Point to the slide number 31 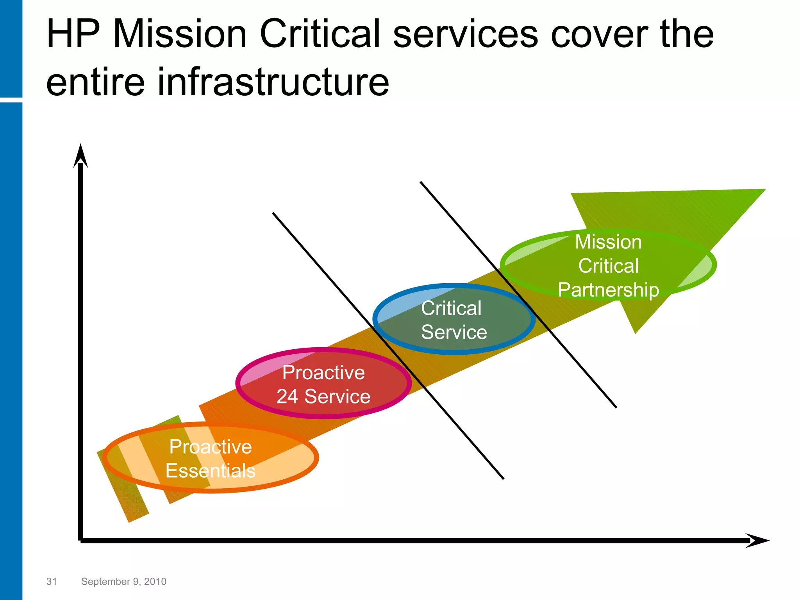[x=52, y=582]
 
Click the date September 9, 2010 [x=123, y=582]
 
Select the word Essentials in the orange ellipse [x=210, y=471]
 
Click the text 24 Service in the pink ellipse [x=323, y=396]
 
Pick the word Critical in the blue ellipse [x=451, y=308]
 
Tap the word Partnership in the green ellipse [x=608, y=290]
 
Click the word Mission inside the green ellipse [x=608, y=242]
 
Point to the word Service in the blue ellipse [x=454, y=332]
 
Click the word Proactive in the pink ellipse [x=323, y=372]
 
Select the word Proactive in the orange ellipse [x=210, y=446]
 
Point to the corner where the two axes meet [x=81, y=540]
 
